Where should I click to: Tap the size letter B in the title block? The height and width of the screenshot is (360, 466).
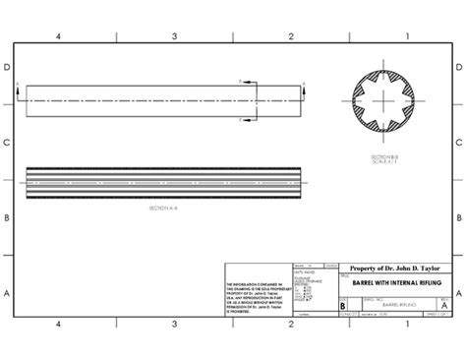[342, 305]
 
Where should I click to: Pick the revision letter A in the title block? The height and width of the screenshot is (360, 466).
[445, 305]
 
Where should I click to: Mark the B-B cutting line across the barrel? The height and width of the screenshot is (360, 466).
[257, 97]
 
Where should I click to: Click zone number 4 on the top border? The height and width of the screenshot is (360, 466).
[59, 35]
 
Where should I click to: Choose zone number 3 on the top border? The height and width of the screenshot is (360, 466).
[175, 35]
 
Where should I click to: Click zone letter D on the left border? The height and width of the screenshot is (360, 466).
[7, 69]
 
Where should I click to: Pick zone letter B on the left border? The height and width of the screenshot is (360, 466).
[7, 217]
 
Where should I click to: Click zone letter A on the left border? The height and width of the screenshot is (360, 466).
[7, 292]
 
